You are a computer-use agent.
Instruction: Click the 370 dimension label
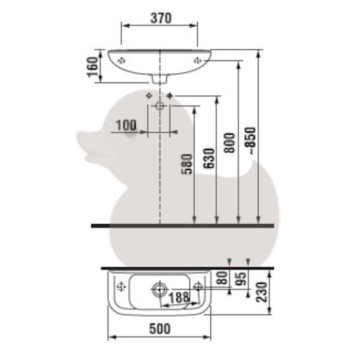click(161, 18)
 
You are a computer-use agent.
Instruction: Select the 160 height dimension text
click(92, 67)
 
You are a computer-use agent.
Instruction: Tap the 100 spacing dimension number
click(126, 125)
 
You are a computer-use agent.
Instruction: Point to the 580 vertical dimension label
click(186, 164)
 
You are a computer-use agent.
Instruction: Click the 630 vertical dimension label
click(209, 158)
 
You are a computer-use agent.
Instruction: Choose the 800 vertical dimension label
click(230, 143)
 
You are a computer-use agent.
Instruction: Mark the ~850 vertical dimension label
click(251, 141)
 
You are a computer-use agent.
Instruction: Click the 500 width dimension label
click(160, 329)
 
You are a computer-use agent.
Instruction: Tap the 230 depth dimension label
click(262, 292)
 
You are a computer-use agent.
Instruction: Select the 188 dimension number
click(179, 298)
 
